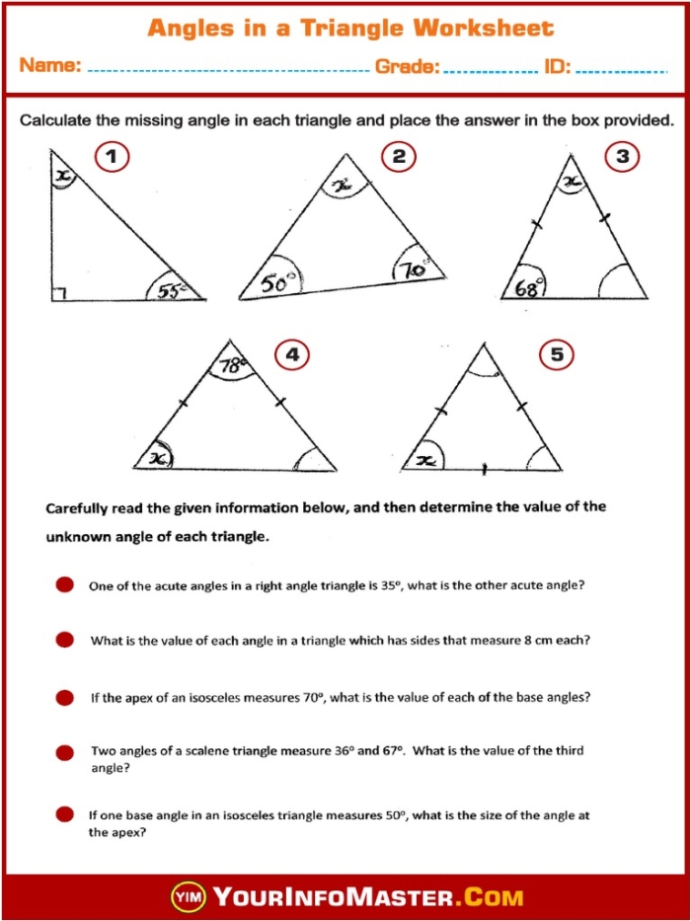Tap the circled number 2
399,157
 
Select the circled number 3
622,157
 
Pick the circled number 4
291,355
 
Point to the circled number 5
557,355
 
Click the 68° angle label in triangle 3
529,287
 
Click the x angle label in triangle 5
426,460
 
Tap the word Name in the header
50,66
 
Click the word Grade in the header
407,67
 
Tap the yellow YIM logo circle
188,897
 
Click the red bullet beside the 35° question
65,584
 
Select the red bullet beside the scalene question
65,753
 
